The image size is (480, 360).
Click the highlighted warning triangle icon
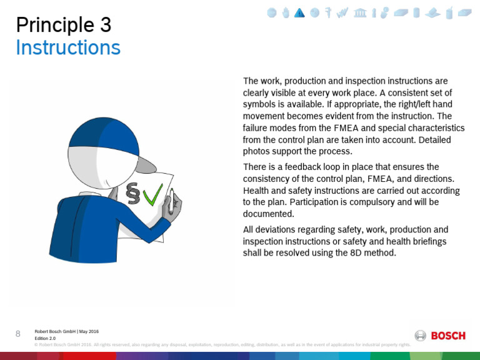[299, 13]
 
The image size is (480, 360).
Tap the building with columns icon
[360, 13]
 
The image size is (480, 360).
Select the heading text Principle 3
[63, 25]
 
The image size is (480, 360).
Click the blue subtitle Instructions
[67, 47]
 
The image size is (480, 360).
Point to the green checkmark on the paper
[152, 194]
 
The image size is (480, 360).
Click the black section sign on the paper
[132, 194]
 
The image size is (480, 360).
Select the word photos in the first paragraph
[257, 151]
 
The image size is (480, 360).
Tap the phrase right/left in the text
[394, 104]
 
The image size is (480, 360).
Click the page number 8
[17, 334]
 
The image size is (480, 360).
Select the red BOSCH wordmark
[448, 336]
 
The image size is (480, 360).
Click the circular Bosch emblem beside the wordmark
[421, 336]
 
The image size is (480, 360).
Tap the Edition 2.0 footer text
[45, 338]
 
